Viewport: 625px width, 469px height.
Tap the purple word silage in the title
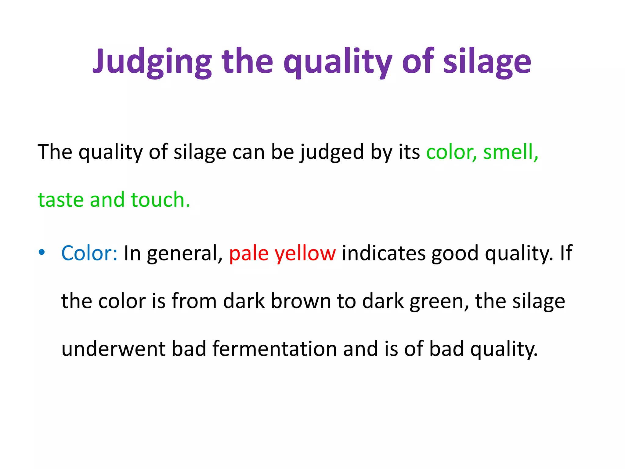point(487,62)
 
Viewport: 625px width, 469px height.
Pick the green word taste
point(60,200)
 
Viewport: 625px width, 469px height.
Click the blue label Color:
point(89,253)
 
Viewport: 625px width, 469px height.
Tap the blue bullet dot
point(42,252)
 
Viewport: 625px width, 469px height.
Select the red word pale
point(249,253)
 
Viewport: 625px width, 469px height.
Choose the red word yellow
point(305,254)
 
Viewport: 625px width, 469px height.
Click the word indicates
point(384,253)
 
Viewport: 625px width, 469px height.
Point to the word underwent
point(113,349)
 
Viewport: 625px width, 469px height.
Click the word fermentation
point(275,349)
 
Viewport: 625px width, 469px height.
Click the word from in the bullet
point(194,301)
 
